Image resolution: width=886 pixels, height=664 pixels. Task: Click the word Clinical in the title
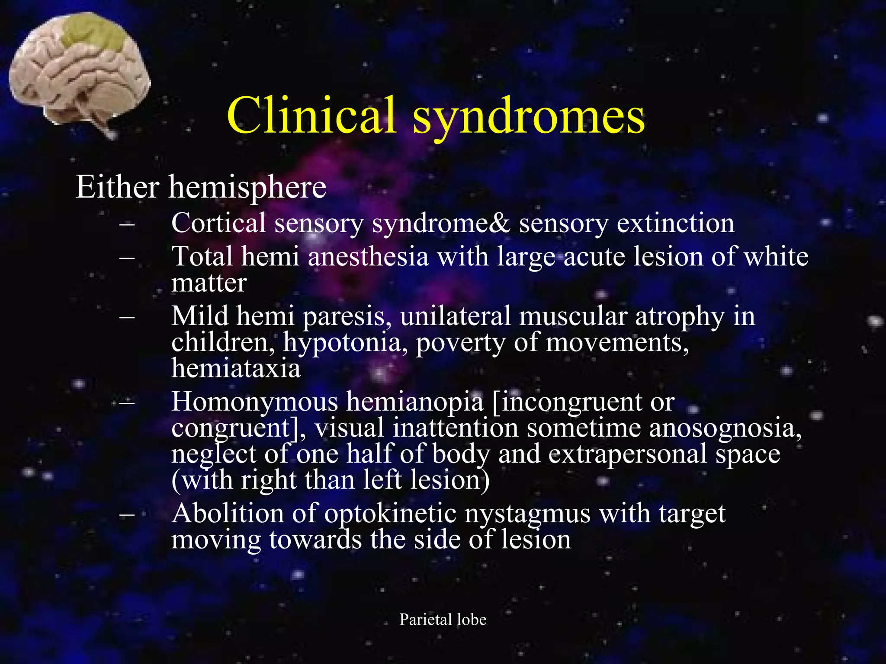pos(311,115)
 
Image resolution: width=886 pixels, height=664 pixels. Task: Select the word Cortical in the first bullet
pos(218,223)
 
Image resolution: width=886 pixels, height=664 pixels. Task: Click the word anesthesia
pos(368,256)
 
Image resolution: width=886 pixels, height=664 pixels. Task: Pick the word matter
pos(209,283)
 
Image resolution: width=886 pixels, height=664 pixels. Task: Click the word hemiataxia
pos(236,368)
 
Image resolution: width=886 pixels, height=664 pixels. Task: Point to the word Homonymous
pos(254,402)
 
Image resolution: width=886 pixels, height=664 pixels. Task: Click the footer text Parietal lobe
pos(443,619)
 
